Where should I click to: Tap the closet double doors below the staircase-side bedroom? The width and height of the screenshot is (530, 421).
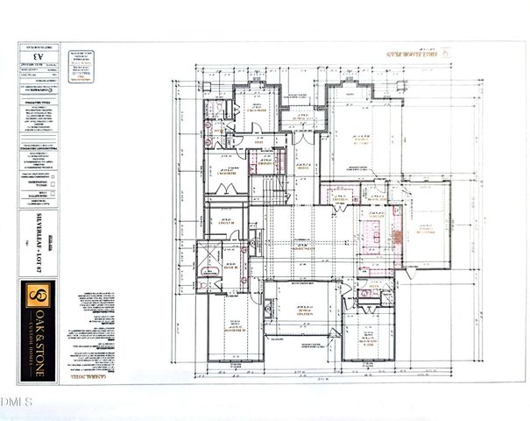coord(223,190)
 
